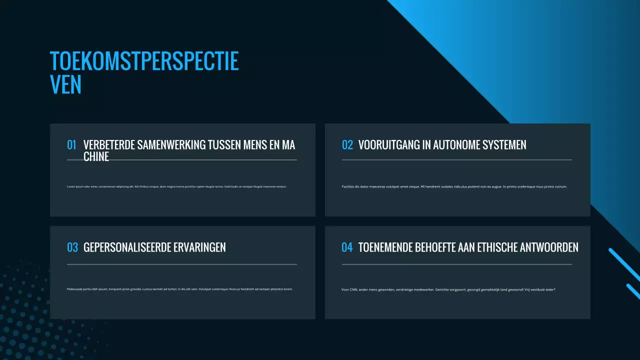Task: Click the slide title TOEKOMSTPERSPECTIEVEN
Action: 144,72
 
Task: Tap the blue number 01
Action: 71,145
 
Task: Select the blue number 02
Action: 347,145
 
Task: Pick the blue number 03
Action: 72,247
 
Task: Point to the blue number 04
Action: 347,247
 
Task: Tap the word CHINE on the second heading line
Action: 96,156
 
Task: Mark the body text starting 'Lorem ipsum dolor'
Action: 176,186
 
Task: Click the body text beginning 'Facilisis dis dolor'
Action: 454,186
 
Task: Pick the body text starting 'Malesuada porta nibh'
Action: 179,289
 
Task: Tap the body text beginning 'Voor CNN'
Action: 448,289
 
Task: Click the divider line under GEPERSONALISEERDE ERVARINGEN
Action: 181,264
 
